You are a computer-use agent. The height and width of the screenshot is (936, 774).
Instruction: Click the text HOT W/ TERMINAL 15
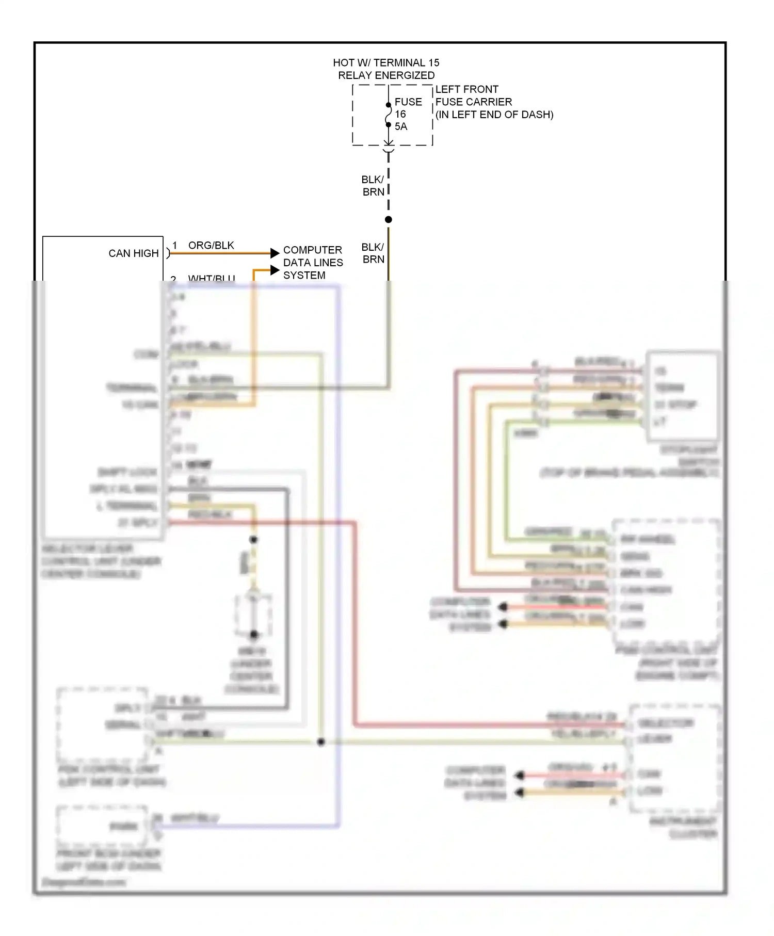[386, 63]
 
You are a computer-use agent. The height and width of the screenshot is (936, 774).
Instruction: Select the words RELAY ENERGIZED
[386, 75]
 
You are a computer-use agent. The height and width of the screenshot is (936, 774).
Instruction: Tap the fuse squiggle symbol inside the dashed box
[388, 115]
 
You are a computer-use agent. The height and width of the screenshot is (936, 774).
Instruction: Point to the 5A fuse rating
[401, 126]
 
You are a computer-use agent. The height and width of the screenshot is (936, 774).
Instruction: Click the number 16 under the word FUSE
[400, 114]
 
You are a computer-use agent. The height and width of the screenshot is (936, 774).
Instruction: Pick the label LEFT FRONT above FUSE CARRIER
[466, 89]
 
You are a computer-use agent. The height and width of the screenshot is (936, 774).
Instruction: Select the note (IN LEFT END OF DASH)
[494, 115]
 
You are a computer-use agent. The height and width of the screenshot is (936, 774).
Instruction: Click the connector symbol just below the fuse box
[388, 150]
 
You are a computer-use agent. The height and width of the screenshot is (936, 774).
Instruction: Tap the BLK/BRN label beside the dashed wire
[373, 186]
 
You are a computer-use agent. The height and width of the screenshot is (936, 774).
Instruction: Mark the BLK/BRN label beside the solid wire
[373, 253]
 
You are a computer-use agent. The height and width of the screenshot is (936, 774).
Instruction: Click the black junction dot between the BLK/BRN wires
[389, 219]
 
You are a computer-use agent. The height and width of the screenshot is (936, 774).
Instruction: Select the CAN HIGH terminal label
[133, 253]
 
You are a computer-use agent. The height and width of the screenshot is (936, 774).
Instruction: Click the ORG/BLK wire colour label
[211, 245]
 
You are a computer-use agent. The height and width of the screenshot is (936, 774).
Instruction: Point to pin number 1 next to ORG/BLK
[175, 245]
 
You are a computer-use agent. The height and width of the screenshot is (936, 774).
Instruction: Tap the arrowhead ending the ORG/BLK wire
[275, 253]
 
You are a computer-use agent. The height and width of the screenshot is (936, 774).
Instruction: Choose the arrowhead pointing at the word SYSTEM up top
[275, 270]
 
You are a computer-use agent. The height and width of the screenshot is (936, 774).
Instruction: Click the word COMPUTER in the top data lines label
[312, 250]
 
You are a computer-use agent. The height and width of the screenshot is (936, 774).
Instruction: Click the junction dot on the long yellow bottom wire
[321, 742]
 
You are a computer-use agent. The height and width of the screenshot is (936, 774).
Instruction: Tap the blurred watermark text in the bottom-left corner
[84, 882]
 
